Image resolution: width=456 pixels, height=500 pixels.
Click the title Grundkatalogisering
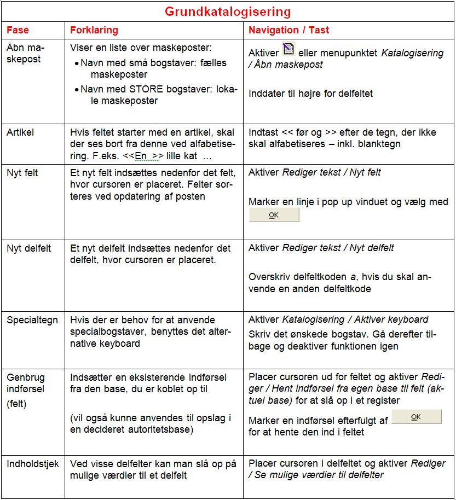228,11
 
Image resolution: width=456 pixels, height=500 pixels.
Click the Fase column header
18,30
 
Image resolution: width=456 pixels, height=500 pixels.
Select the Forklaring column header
94,30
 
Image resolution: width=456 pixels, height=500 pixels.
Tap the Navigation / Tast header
288,30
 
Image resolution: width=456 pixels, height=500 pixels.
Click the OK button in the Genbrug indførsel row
416,417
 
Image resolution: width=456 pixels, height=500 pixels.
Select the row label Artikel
20,132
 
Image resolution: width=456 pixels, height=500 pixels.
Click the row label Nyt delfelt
28,248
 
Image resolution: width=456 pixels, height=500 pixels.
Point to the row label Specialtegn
32,320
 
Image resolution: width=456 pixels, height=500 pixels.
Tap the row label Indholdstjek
33,463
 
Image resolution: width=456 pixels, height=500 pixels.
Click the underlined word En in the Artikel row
141,156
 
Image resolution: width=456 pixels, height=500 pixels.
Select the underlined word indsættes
141,173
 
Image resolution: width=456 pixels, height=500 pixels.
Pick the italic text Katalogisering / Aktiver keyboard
355,319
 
